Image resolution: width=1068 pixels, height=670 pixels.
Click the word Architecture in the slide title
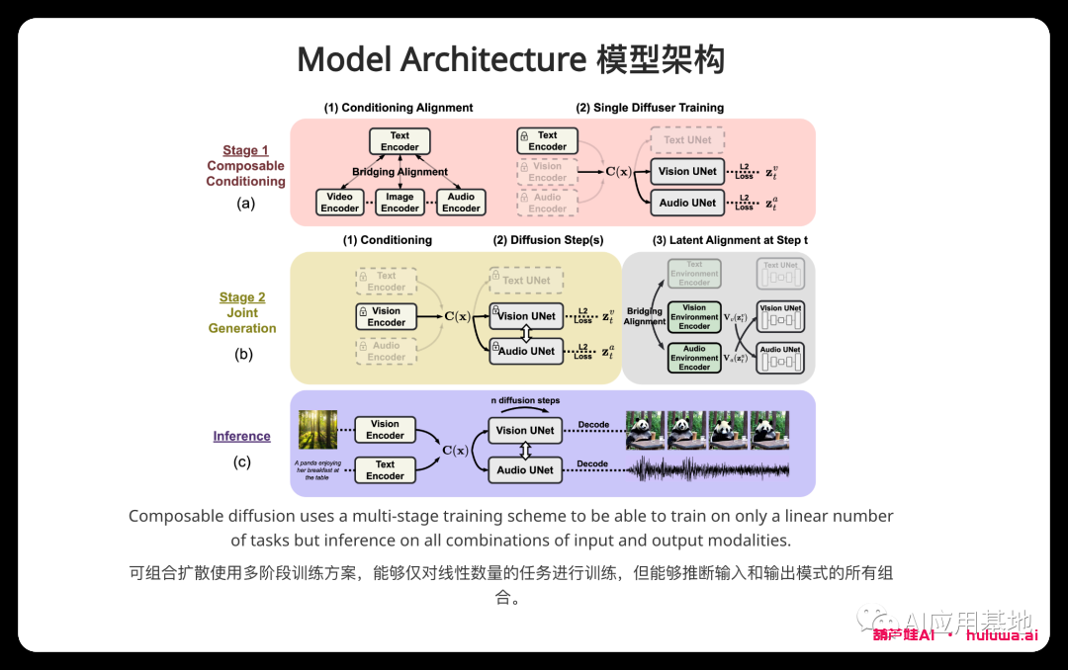click(493, 59)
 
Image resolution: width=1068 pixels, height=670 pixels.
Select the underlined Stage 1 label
click(245, 150)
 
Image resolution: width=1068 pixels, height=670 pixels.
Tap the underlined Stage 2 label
click(242, 296)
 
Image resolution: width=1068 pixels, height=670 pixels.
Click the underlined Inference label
click(241, 436)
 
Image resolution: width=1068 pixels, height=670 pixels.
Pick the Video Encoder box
click(339, 203)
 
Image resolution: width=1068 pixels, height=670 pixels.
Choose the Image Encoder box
click(400, 203)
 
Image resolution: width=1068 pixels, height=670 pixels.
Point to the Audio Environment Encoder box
click(694, 358)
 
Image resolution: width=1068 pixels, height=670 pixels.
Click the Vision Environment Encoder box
click(694, 317)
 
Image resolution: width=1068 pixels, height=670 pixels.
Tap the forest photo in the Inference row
click(317, 430)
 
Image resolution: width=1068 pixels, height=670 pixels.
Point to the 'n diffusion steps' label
click(525, 400)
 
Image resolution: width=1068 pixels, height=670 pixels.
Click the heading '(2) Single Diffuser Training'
click(650, 108)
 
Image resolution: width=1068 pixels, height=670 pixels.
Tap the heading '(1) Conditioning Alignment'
click(399, 108)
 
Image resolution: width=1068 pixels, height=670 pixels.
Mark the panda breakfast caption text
click(317, 469)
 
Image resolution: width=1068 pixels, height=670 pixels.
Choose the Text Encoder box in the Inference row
click(385, 470)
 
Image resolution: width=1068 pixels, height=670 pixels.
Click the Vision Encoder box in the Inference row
click(385, 430)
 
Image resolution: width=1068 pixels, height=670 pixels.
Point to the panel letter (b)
click(242, 354)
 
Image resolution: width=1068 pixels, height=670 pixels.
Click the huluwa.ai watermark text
click(1001, 634)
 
